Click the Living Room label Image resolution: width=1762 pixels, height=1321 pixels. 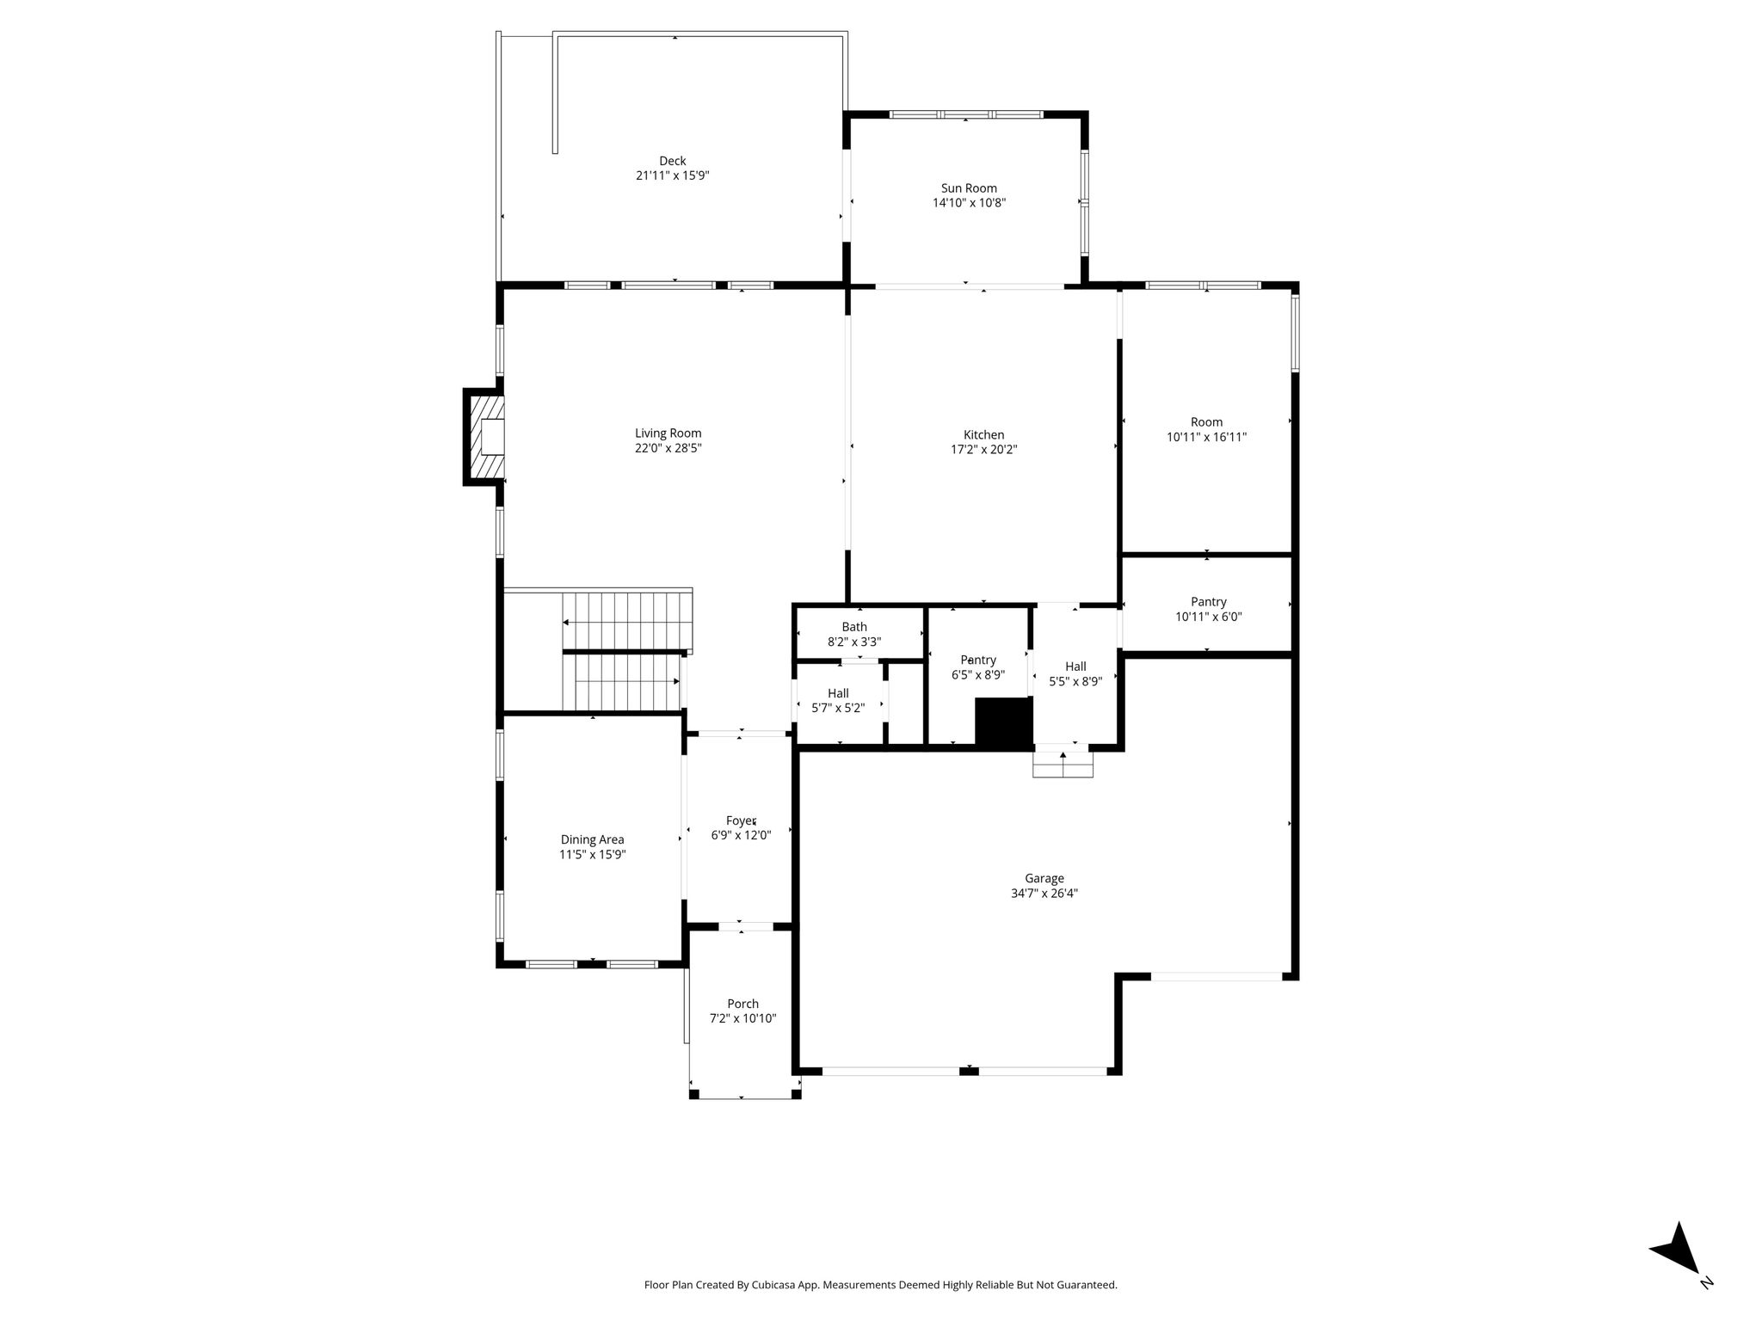(x=668, y=433)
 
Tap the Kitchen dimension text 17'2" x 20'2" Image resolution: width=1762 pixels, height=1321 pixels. (x=983, y=449)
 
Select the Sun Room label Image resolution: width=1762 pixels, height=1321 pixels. (x=969, y=188)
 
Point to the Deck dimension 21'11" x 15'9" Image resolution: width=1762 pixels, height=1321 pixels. (x=673, y=175)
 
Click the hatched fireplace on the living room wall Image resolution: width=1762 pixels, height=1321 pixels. (x=484, y=436)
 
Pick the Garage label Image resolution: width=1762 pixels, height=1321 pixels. (x=1044, y=878)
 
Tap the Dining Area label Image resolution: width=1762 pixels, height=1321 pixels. (x=593, y=839)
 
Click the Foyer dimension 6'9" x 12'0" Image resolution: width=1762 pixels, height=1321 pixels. (x=741, y=834)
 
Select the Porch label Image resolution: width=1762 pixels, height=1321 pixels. (x=743, y=1004)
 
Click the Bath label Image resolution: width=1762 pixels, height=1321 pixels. (x=854, y=627)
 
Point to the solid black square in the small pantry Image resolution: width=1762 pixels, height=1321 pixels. (x=1003, y=722)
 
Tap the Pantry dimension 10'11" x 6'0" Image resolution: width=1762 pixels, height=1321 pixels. (x=1209, y=617)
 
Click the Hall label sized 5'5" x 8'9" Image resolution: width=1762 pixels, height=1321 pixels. (x=1075, y=667)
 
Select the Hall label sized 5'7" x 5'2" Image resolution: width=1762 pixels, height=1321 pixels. (x=838, y=693)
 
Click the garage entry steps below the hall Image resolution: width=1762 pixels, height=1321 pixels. (x=1063, y=765)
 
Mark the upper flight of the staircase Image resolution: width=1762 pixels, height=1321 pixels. (x=627, y=621)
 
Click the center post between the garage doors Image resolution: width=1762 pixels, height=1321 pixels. (x=969, y=1070)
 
